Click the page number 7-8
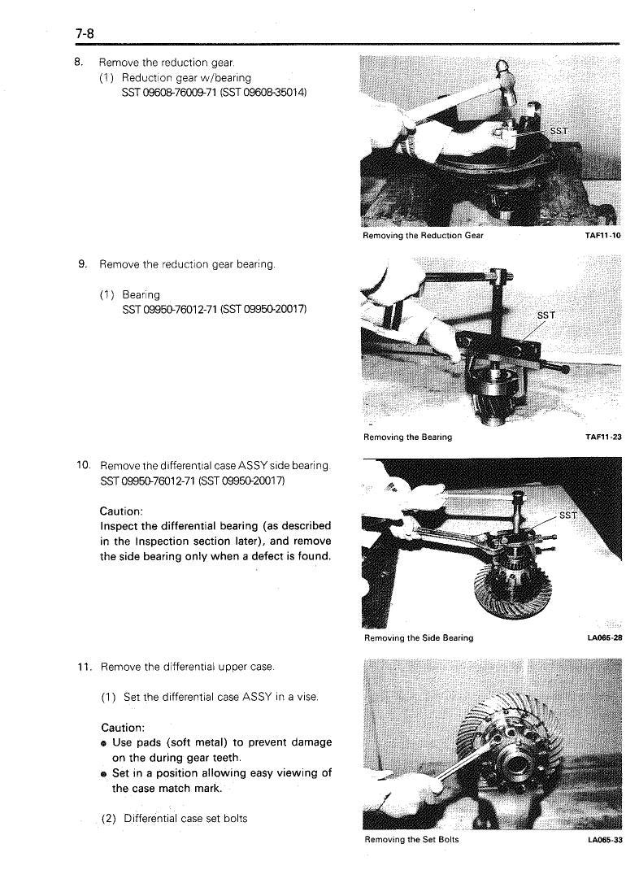tap(85, 34)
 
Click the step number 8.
tap(78, 62)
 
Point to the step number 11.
tap(84, 667)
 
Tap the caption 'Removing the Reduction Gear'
tap(423, 235)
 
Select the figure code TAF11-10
tap(603, 235)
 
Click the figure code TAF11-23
tap(603, 437)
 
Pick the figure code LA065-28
tap(605, 638)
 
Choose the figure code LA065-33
tap(605, 840)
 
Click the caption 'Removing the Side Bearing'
tap(419, 638)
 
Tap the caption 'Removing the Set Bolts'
tap(411, 839)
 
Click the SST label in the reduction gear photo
tap(559, 131)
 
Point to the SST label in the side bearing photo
tap(568, 515)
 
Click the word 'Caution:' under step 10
tap(121, 511)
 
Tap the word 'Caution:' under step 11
tap(123, 727)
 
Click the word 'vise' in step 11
tap(308, 697)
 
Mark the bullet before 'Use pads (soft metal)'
tap(104, 743)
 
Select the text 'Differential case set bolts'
tap(185, 819)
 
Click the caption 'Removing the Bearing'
tap(407, 437)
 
